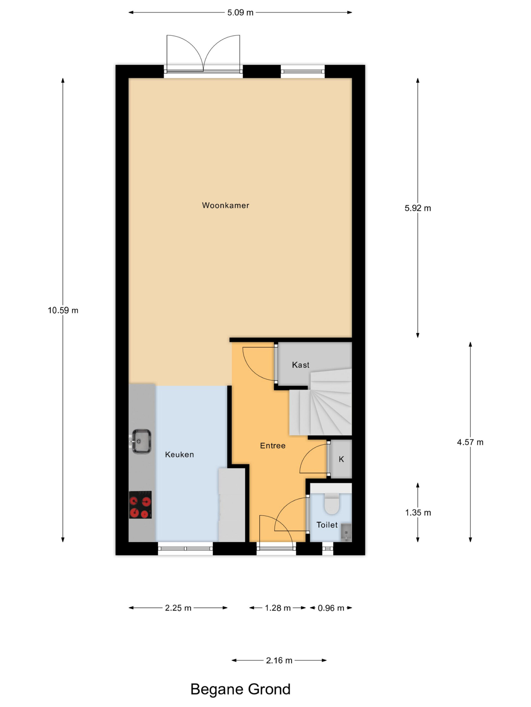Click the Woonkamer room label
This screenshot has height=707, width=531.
225,205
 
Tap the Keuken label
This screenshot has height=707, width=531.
179,455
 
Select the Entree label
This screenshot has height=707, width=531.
273,445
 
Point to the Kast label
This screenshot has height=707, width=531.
301,365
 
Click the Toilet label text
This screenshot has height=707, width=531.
327,525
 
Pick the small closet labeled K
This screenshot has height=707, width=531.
341,459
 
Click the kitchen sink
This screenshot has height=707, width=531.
141,441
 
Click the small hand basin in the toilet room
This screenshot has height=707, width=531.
346,532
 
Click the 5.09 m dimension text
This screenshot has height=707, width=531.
240,12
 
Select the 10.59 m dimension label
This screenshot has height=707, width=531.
63,310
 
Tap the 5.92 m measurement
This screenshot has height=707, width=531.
418,208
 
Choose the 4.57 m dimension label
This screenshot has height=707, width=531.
470,442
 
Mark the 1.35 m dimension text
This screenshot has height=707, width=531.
418,513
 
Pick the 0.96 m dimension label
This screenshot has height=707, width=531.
331,608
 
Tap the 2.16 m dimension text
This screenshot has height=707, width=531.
279,660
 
